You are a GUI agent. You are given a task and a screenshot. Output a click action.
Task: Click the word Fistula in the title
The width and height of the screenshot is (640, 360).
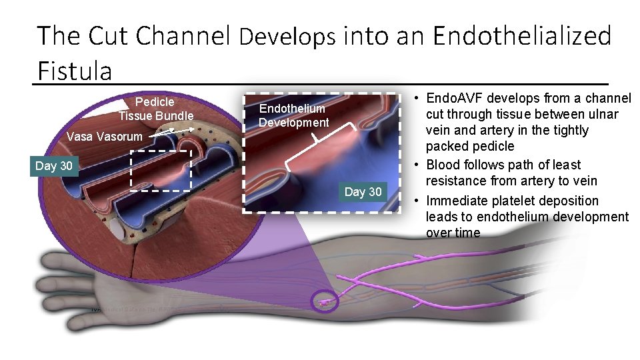point(75,69)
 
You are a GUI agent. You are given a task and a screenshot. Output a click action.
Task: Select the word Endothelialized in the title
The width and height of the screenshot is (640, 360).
point(522,36)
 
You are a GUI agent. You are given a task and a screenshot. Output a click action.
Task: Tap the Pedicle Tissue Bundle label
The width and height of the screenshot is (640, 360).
point(155,109)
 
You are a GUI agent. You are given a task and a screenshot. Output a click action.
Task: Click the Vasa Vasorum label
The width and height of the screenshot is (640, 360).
point(105,137)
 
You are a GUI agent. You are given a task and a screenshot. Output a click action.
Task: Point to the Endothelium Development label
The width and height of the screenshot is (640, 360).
point(293,115)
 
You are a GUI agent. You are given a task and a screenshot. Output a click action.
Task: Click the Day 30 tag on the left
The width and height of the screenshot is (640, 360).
point(55,165)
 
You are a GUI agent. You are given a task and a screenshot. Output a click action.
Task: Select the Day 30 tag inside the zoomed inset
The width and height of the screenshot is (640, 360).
point(363,192)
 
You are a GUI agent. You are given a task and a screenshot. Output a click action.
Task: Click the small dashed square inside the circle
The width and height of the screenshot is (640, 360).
point(161,171)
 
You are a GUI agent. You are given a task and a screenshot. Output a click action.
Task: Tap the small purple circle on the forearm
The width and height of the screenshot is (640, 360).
point(325,301)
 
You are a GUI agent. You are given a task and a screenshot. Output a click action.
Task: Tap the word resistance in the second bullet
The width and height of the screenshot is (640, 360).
point(455,181)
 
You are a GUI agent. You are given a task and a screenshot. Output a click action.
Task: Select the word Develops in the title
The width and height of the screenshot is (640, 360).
point(287,37)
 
